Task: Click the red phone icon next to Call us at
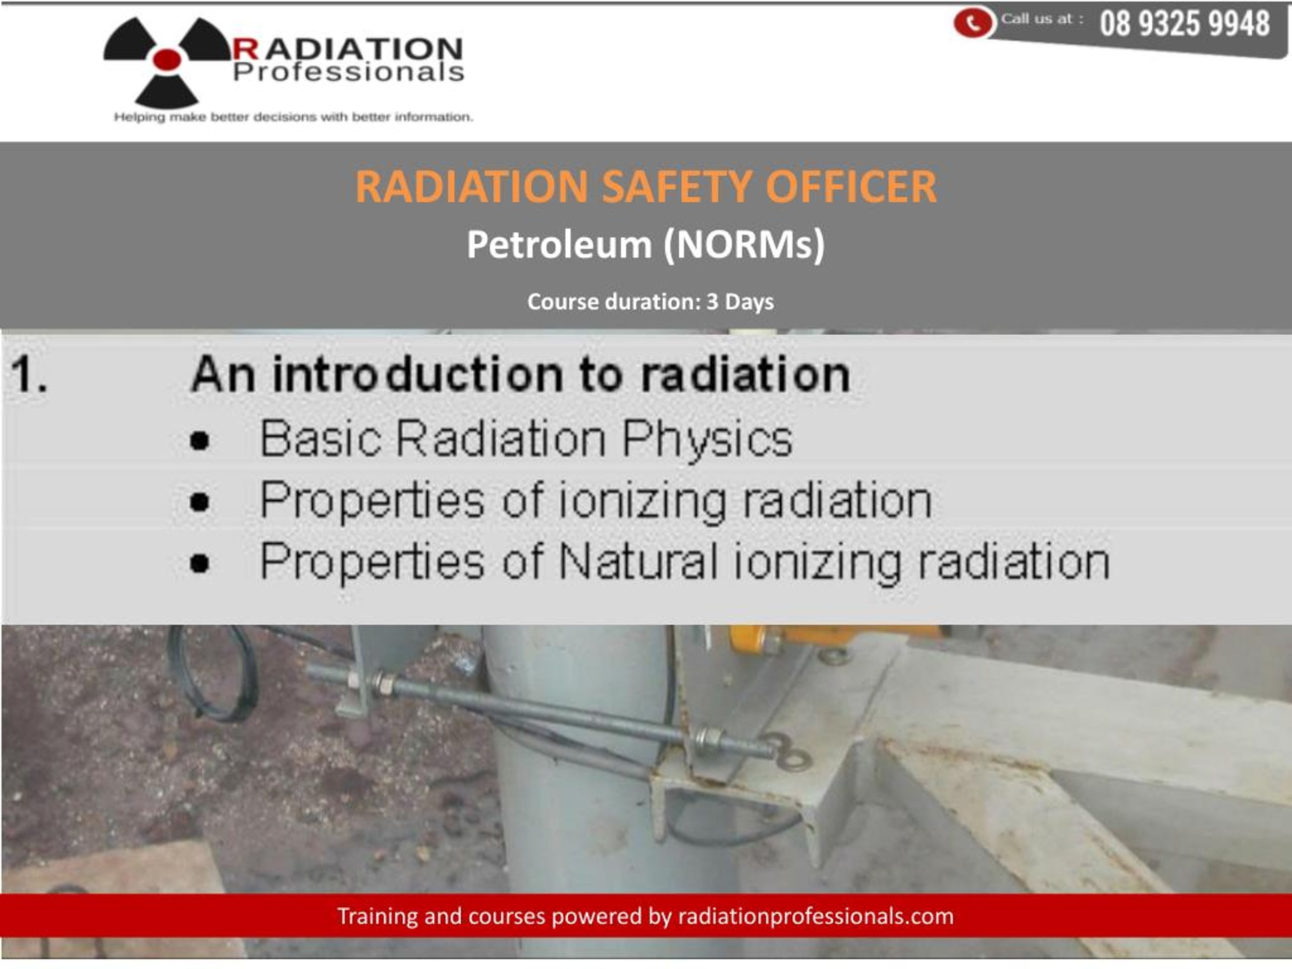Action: coord(972,23)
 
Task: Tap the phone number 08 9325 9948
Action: coord(1185,24)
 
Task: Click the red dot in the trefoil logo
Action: coord(167,59)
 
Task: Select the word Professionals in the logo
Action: coord(348,73)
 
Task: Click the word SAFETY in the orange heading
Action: coord(676,187)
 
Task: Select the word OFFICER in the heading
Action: coord(850,187)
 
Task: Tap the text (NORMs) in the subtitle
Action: coord(744,244)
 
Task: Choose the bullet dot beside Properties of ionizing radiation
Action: coord(200,502)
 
